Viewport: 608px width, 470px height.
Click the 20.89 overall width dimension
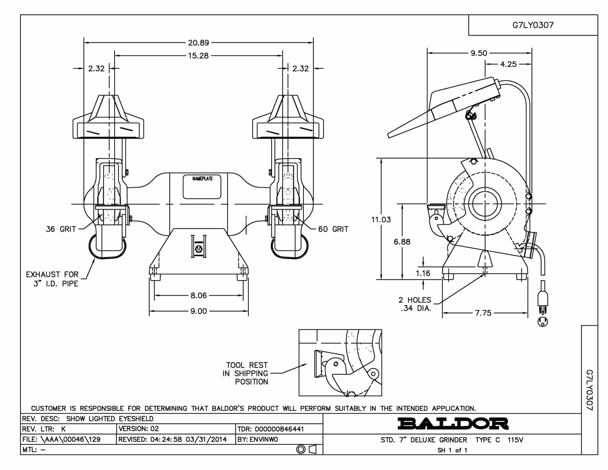point(199,43)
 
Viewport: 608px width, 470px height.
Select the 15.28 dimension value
point(198,56)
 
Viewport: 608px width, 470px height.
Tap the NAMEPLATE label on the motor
point(202,179)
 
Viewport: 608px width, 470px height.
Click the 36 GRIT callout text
point(61,229)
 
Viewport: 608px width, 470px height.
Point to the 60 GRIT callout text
point(333,229)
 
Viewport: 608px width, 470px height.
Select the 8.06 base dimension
point(199,295)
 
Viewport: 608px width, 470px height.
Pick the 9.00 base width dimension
point(199,311)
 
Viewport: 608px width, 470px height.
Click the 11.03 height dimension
point(381,220)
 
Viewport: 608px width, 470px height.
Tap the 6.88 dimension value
point(402,242)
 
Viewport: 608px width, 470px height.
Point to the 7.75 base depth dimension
point(483,313)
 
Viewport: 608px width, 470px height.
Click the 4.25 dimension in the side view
point(508,64)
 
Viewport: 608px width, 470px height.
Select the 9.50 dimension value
point(479,53)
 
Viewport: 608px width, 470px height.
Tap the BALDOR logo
point(453,424)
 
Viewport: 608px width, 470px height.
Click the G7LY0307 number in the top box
point(533,25)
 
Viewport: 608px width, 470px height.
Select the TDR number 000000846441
point(279,429)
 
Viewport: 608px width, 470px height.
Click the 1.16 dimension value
point(423,273)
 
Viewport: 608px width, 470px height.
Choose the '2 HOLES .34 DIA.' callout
point(415,304)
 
